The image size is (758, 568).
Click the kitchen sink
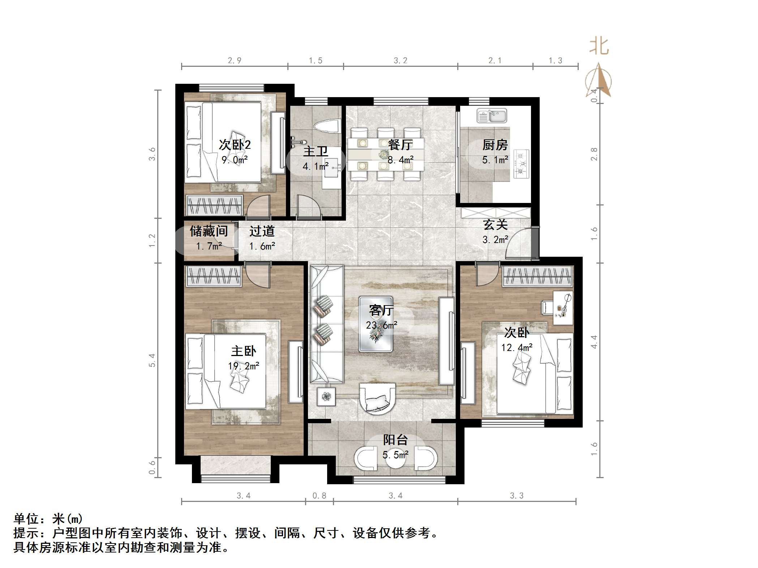tap(492, 116)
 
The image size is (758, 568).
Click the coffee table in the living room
tap(376, 324)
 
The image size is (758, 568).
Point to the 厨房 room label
tap(495, 145)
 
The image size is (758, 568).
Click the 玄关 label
tap(495, 225)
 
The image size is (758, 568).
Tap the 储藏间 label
tap(209, 231)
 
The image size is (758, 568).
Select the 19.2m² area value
tap(244, 366)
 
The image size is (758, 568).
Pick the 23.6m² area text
tap(382, 325)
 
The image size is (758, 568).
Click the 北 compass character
tap(599, 47)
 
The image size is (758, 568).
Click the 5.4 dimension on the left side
tap(152, 360)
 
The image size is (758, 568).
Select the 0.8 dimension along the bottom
tap(320, 496)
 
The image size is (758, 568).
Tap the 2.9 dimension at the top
tap(235, 61)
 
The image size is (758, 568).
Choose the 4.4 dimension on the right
tap(594, 342)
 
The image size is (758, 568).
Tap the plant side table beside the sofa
tap(326, 396)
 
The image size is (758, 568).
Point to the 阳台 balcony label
tap(395, 440)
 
